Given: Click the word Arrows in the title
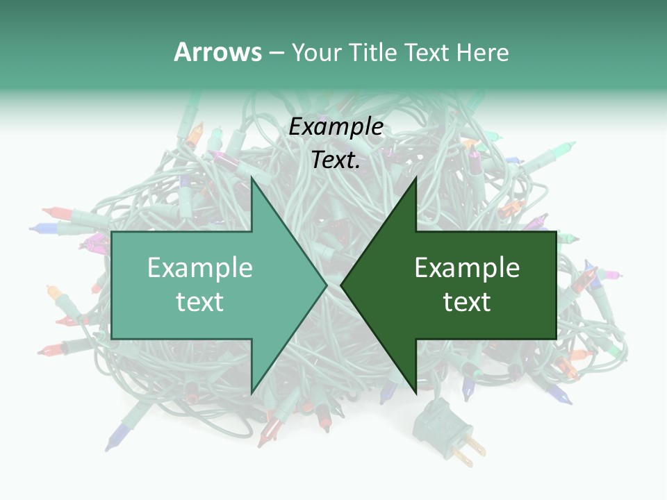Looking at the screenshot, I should tap(217, 52).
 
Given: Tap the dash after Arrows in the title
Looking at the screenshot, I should tap(276, 53).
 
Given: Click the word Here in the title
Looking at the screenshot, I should tap(482, 52).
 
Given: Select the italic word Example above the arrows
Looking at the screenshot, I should tap(336, 127).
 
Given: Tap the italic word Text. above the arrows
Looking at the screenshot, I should tap(336, 160).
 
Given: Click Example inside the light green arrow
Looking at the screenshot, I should tap(200, 267).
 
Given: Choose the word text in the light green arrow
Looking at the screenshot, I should tap(200, 301).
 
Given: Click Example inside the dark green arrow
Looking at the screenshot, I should tap(467, 267).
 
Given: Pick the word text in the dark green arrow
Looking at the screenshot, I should tap(467, 301).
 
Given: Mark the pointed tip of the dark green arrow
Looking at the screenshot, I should tap(342, 285).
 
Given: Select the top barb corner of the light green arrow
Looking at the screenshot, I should tap(252, 178).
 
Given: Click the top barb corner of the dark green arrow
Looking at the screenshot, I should tap(415, 178).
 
